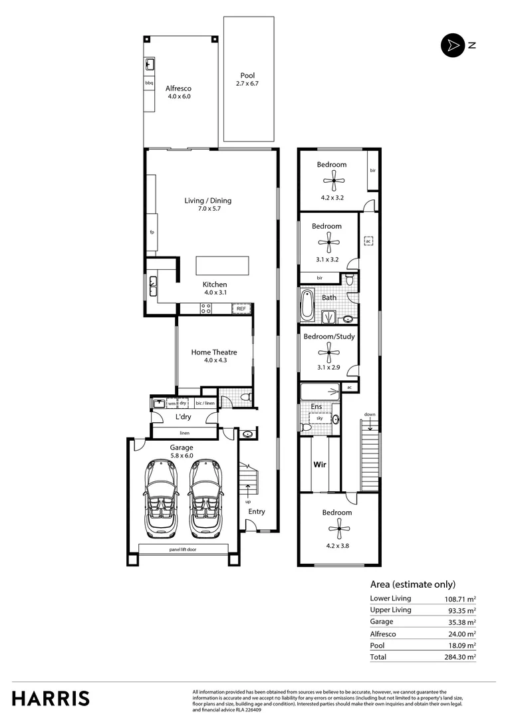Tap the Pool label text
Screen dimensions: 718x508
click(x=247, y=76)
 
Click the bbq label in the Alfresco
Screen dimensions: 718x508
click(x=150, y=83)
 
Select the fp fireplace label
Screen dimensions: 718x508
click(x=152, y=233)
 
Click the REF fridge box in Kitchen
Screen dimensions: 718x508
click(x=241, y=308)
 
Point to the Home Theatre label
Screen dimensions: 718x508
click(x=214, y=352)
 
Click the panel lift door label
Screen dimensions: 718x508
click(x=183, y=550)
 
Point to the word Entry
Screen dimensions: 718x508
click(x=257, y=512)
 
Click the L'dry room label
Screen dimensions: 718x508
click(x=184, y=417)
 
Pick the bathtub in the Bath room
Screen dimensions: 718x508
click(x=308, y=305)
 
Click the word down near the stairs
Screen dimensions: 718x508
click(x=370, y=414)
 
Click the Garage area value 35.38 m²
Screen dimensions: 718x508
click(x=460, y=622)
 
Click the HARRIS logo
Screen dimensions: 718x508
click(x=51, y=699)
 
